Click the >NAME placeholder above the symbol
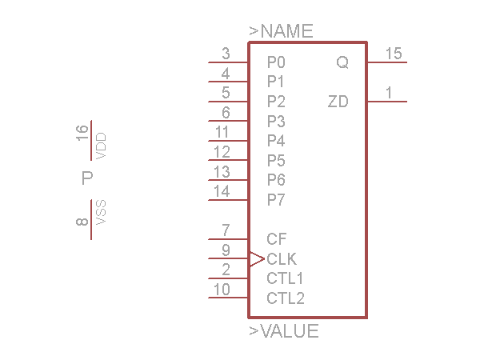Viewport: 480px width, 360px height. (281, 31)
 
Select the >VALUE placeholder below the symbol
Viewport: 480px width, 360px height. (284, 331)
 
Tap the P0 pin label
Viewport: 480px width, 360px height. (276, 62)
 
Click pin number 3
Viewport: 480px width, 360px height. (226, 54)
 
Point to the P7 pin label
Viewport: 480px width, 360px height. (276, 199)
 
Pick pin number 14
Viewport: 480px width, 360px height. (222, 191)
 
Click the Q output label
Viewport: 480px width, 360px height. (342, 62)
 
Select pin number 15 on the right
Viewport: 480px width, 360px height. (393, 54)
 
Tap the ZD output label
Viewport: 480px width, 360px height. (338, 102)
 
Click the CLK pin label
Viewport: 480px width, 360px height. (282, 259)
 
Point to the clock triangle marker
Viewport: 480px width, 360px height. (257, 258)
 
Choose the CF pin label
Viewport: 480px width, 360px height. (277, 238)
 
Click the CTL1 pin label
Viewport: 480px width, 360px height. (286, 278)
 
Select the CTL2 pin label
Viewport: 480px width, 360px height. (286, 298)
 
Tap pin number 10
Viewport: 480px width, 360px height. (222, 290)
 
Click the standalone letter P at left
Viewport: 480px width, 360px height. (88, 178)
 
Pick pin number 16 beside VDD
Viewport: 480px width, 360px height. (83, 133)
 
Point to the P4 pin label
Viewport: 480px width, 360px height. (276, 141)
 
